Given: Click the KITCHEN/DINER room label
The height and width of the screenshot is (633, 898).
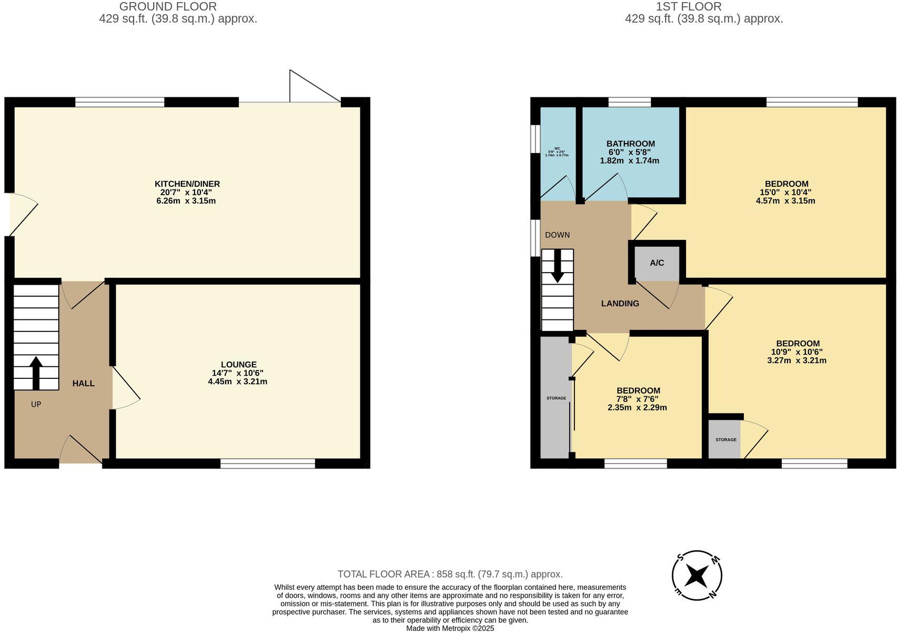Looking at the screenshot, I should (187, 184).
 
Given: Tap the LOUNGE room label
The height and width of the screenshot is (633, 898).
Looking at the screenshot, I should (238, 364).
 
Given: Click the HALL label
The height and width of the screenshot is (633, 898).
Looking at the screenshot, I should (83, 383).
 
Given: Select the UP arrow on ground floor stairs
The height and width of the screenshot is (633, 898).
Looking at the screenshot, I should (36, 373).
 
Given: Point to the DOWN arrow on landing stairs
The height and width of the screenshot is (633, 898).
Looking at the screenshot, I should (557, 266).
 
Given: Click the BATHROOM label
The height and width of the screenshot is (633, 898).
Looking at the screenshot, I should (630, 144).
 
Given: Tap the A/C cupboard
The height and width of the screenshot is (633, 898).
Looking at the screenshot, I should (657, 263).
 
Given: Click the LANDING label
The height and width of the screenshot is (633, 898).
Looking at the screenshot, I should (620, 304).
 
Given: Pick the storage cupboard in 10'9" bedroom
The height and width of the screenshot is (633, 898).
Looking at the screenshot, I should (725, 439).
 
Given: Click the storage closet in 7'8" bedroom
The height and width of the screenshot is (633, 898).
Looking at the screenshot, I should (556, 398).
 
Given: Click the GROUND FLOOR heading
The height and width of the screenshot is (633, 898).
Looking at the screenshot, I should (168, 7).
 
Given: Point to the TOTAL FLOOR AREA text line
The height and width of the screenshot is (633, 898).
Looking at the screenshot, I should (450, 574).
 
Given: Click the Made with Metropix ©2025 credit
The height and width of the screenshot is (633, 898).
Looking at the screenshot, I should (450, 628).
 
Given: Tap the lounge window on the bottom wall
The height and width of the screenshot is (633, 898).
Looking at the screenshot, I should (267, 464).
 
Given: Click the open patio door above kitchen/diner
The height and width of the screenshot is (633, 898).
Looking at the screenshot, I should (314, 87).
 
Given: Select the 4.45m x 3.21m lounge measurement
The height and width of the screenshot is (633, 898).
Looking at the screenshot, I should (237, 381).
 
